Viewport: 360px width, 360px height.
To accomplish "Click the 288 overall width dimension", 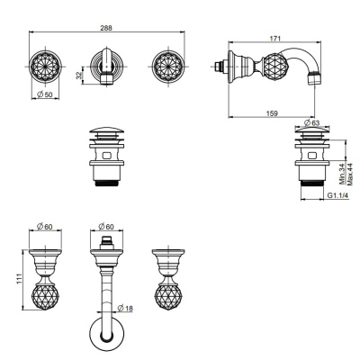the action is click(106, 28).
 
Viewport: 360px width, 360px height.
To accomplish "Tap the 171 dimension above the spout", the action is click(275, 38).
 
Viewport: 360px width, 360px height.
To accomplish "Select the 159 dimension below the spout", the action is click(272, 113).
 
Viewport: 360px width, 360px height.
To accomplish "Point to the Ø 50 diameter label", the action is click(45, 94).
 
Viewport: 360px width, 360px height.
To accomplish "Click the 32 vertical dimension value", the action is click(79, 75).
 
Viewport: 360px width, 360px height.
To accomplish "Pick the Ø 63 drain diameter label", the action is click(311, 122).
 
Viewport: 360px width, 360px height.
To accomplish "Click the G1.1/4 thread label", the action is click(337, 195).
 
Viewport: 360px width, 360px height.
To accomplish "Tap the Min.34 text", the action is click(342, 174).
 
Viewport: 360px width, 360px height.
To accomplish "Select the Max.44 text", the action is click(349, 174).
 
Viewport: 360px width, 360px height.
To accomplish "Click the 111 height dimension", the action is click(19, 279).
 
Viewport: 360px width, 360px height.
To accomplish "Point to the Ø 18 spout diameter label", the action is click(125, 308).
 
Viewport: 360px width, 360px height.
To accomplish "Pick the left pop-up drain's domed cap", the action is click(106, 131).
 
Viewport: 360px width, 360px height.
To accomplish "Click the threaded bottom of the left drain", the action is click(106, 184).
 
